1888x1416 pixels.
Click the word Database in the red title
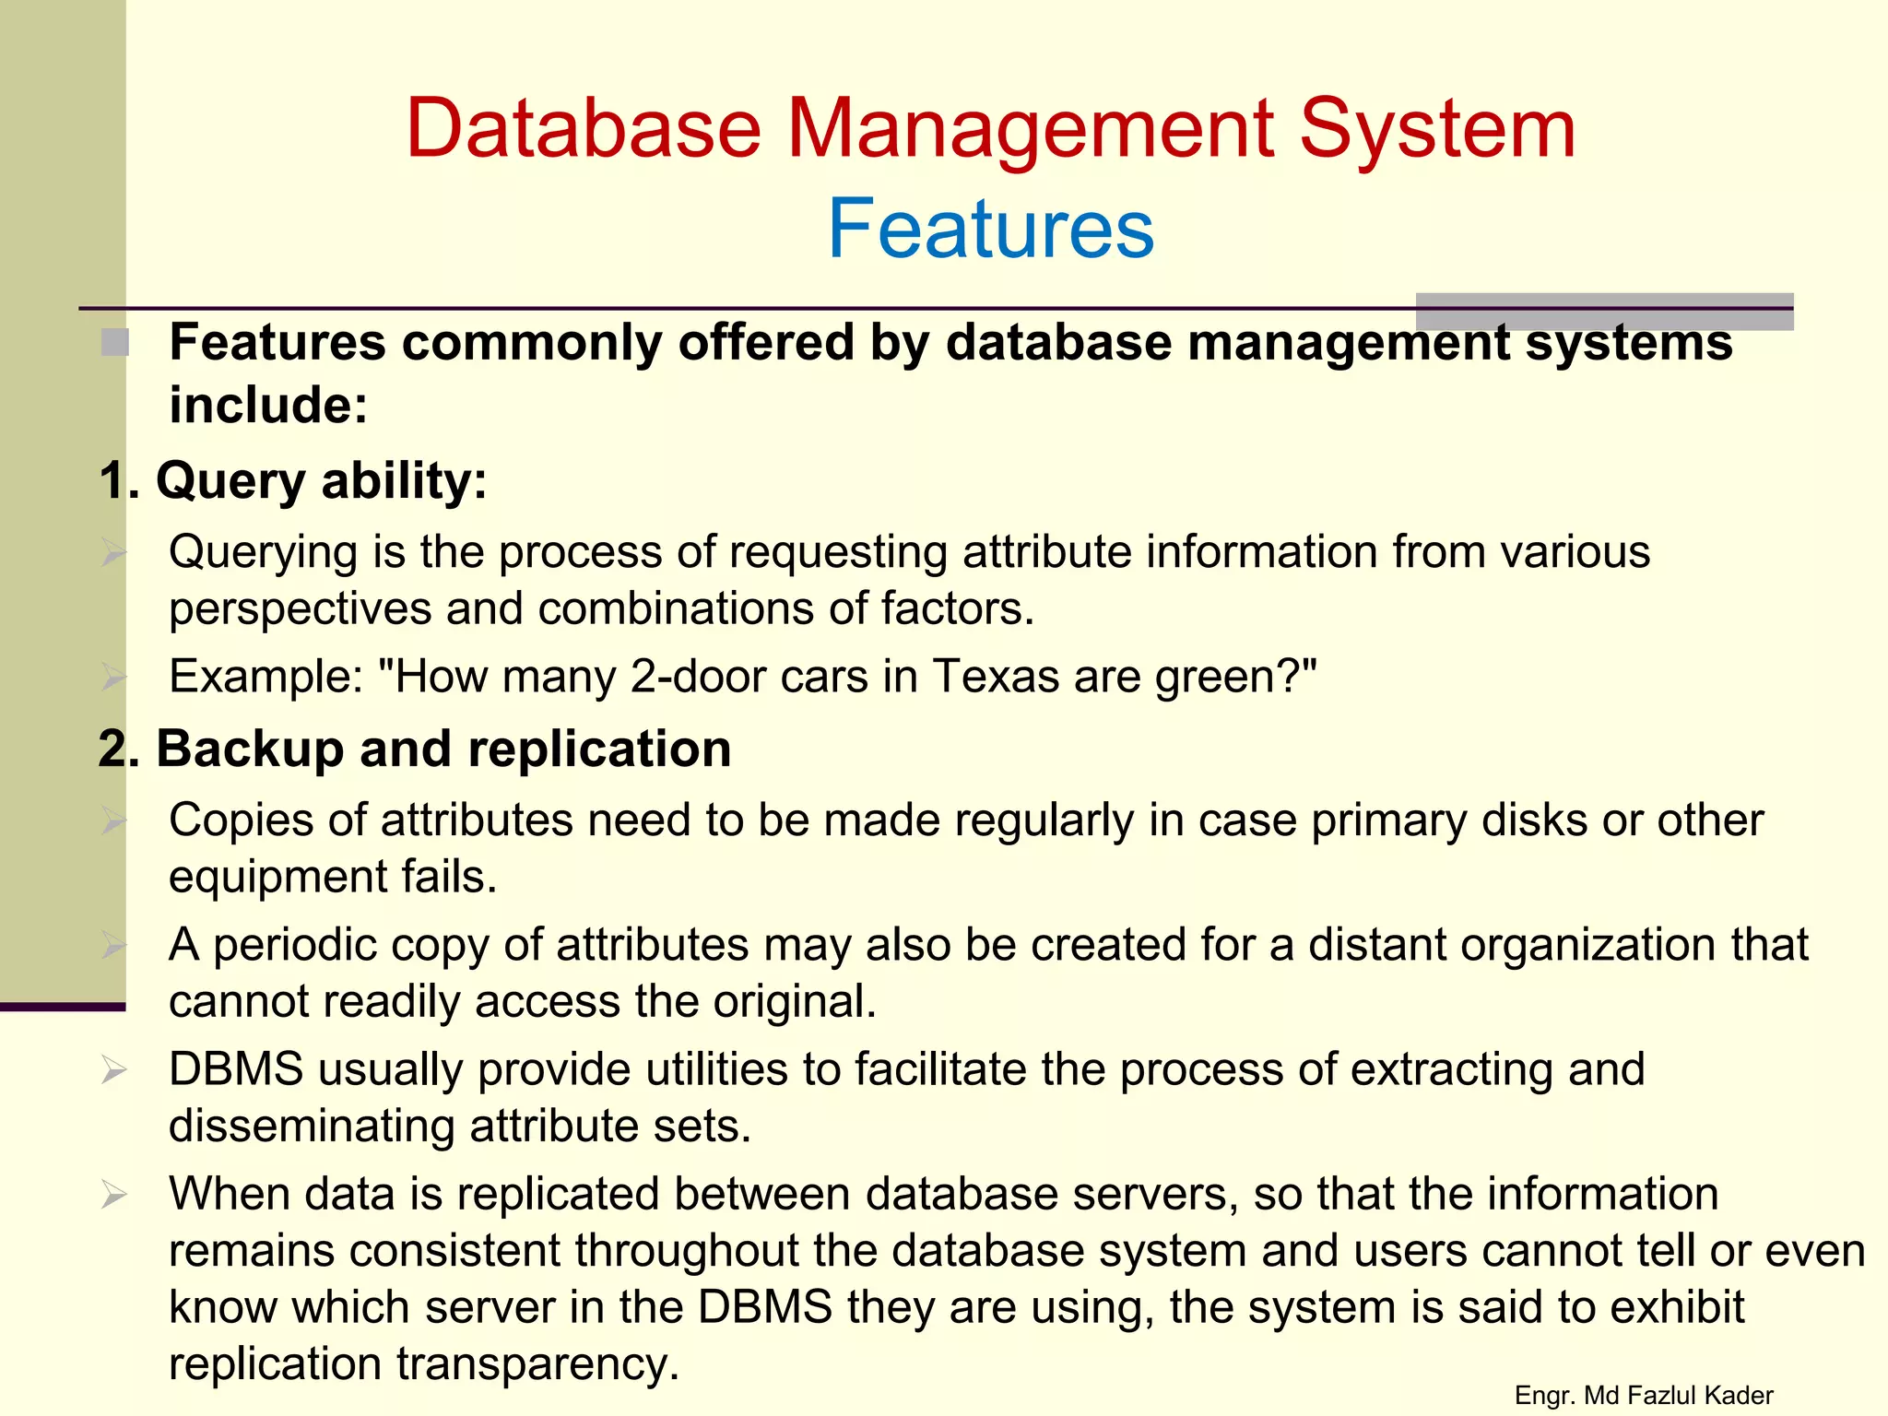583,129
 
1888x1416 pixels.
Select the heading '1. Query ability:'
293,481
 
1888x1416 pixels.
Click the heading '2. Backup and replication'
415,749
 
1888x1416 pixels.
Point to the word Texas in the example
995,677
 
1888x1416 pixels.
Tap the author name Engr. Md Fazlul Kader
1644,1396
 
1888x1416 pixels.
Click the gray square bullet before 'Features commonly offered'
115,343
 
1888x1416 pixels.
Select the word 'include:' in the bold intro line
268,406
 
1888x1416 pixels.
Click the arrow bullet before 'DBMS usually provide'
114,1070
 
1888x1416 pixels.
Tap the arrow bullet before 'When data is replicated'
114,1195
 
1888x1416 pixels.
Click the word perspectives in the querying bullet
301,609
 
